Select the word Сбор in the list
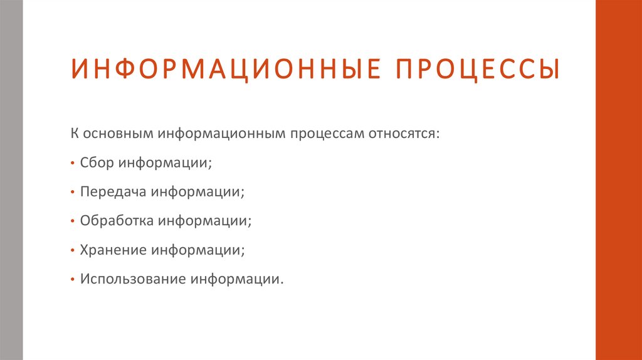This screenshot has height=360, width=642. tap(97, 162)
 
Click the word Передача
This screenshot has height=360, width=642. tap(112, 192)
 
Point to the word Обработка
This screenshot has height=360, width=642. tap(117, 221)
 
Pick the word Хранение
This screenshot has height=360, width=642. tap(112, 250)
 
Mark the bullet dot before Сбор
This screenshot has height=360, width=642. tap(73, 163)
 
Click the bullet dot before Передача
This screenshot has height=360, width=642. tap(73, 193)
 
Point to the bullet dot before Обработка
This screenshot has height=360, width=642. tap(73, 221)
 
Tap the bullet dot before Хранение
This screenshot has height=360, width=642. tap(73, 250)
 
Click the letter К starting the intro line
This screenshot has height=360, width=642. tap(74, 134)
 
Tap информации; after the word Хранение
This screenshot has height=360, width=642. tap(197, 250)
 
